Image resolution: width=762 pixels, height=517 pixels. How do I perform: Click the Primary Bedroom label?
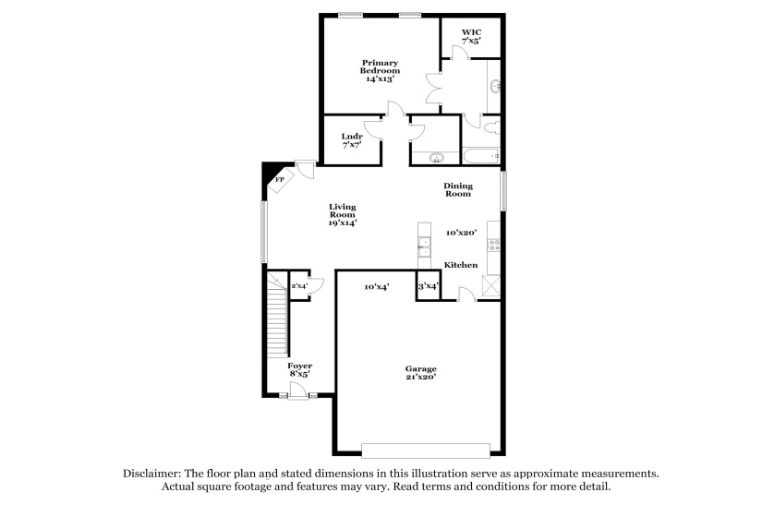(x=380, y=71)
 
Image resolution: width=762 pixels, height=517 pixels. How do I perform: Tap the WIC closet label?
(x=471, y=36)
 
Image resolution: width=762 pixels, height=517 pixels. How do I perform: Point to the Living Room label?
(x=343, y=214)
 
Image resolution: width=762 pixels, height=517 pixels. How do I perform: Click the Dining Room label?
(x=457, y=189)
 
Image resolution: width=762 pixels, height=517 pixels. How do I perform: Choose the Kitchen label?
(x=461, y=265)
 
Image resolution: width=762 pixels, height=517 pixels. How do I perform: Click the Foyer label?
(x=299, y=369)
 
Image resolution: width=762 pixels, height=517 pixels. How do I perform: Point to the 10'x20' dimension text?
(x=460, y=233)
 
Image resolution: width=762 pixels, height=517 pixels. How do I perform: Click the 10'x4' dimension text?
(x=376, y=287)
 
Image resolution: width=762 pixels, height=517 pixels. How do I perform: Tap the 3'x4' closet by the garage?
(x=428, y=287)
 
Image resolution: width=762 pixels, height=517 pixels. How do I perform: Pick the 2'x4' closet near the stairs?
(x=300, y=286)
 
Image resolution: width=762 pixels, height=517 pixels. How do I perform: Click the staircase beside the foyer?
(x=276, y=319)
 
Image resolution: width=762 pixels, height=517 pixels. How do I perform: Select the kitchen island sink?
(x=424, y=246)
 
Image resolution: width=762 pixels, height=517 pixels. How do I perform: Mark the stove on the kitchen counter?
(x=494, y=246)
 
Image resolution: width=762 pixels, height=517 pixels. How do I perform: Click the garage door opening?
(x=425, y=451)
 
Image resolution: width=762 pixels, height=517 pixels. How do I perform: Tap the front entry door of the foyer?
(x=298, y=396)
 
